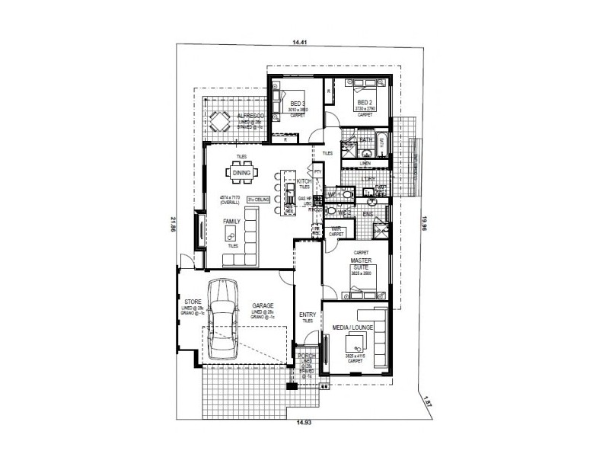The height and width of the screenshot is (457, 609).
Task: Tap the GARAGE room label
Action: [263, 305]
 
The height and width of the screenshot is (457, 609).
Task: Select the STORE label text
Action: [192, 302]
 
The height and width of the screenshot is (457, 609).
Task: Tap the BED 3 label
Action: [298, 103]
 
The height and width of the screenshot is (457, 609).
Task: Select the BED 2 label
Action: [365, 102]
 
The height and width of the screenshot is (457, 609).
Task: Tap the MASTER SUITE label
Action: [360, 264]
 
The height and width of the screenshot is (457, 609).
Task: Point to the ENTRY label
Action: [308, 315]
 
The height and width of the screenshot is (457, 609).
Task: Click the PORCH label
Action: [306, 356]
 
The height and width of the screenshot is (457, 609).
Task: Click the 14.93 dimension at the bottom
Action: [304, 421]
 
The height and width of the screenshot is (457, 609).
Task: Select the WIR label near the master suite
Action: [336, 228]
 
